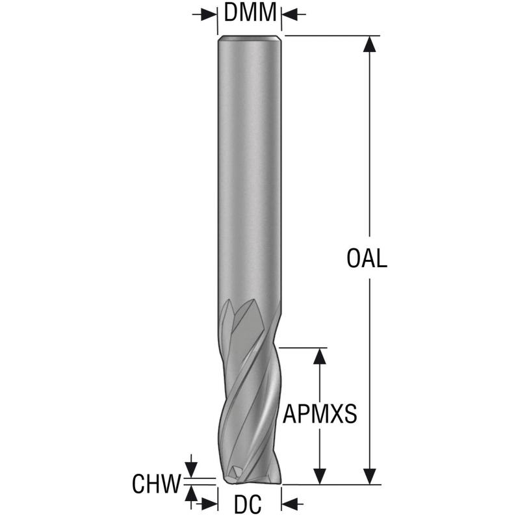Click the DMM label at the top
click(250, 12)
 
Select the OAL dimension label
click(367, 259)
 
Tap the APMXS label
click(320, 413)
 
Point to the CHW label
click(157, 484)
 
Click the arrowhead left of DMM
click(209, 14)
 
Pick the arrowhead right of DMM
click(289, 14)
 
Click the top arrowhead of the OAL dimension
click(369, 44)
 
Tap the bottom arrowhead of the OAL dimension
click(369, 476)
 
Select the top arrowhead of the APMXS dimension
click(319, 356)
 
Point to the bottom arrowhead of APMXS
click(319, 476)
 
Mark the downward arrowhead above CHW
click(190, 470)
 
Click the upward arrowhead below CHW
click(190, 493)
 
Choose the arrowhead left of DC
click(209, 504)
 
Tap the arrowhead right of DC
click(289, 504)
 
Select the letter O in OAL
click(354, 259)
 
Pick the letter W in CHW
click(172, 484)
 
